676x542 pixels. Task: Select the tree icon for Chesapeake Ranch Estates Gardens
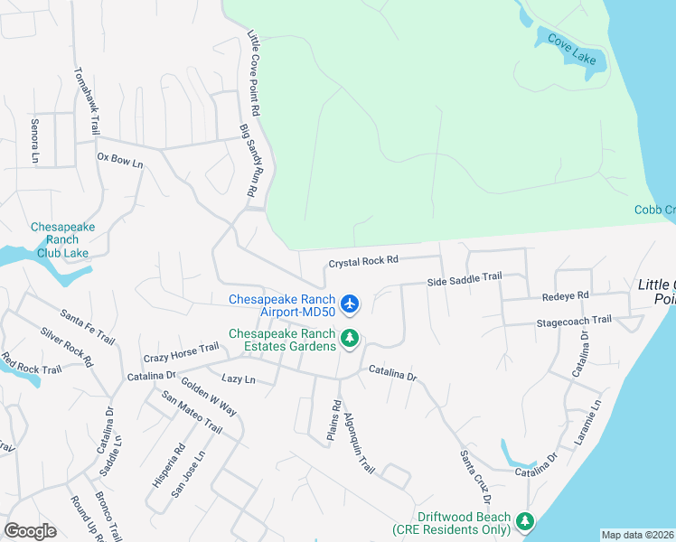tap(351, 340)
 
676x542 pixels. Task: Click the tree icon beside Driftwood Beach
tap(525, 521)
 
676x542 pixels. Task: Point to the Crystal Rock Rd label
tap(361, 261)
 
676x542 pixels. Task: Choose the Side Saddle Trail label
tap(464, 281)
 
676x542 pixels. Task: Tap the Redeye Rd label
tap(565, 295)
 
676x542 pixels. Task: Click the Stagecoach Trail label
tap(574, 320)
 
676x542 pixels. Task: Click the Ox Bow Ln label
tap(120, 160)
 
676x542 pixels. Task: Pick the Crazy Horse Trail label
tap(181, 350)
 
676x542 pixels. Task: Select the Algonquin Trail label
tap(358, 443)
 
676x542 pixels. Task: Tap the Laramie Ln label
tap(587, 423)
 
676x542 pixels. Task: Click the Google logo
tap(30, 531)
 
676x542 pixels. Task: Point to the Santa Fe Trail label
tap(88, 327)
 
